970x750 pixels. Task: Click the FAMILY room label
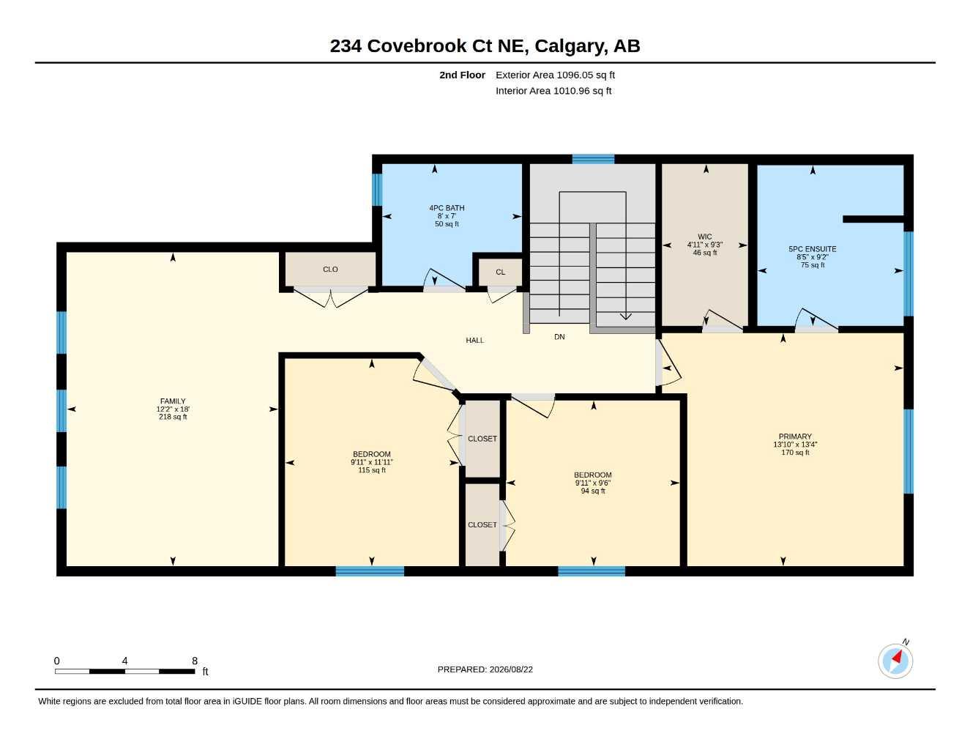[x=173, y=401]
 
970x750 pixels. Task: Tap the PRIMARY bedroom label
[x=795, y=437]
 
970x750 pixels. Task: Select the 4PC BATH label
[x=447, y=207]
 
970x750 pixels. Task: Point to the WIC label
[x=705, y=237]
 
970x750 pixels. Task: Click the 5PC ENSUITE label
[x=813, y=249]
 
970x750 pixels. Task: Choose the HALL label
[x=475, y=340]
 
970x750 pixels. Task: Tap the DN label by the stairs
[x=559, y=337]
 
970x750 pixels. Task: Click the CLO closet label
[x=330, y=270]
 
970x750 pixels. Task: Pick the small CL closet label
[x=501, y=272]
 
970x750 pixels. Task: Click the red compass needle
[x=898, y=657]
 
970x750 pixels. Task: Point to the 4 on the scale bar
[x=124, y=661]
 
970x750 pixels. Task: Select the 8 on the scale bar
[x=195, y=661]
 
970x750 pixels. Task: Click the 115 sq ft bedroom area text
[x=372, y=470]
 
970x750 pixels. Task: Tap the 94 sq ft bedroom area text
[x=593, y=491]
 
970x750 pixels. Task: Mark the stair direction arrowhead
[x=626, y=316]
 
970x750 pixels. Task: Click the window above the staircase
[x=593, y=159]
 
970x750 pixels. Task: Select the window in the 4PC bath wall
[x=377, y=189]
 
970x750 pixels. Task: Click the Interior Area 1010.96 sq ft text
[x=553, y=91]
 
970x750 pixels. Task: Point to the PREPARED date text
[x=485, y=669]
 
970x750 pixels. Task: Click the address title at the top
[x=485, y=46]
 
